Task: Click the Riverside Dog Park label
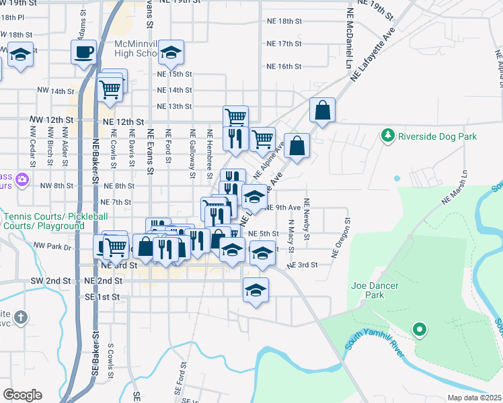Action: (437, 136)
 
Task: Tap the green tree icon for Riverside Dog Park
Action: (387, 136)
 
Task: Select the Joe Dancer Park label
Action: (375, 290)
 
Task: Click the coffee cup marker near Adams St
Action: (84, 52)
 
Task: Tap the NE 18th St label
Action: (284, 21)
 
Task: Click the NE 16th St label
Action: (284, 66)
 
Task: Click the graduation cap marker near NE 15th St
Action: (171, 52)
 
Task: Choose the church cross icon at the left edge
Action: (21, 316)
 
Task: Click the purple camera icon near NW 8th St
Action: (22, 179)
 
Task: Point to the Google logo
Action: (22, 395)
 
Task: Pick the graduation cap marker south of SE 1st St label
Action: (256, 290)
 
